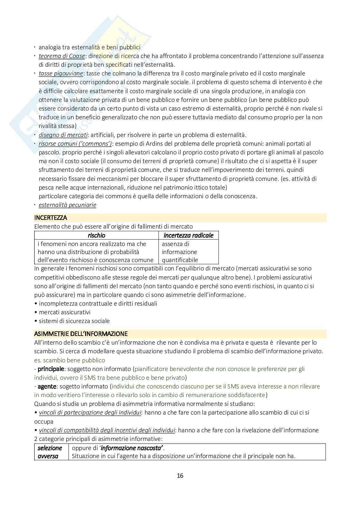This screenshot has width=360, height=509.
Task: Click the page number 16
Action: (180, 475)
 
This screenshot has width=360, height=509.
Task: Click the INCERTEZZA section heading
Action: (51, 218)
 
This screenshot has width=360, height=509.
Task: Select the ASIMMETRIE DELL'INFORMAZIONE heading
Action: (81, 334)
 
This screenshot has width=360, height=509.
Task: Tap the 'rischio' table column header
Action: (96, 235)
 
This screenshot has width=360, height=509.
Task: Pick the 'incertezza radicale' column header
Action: (189, 235)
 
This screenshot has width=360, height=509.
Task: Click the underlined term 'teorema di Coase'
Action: (62, 56)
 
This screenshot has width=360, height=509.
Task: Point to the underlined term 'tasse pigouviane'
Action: (61, 73)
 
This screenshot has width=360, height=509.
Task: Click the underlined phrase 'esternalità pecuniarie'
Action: (67, 205)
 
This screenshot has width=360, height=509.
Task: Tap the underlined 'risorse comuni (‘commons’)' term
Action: (75, 143)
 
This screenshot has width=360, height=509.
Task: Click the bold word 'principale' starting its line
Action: (49, 368)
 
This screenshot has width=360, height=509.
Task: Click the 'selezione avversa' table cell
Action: (50, 452)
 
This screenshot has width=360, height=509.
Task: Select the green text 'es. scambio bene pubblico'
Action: (70, 360)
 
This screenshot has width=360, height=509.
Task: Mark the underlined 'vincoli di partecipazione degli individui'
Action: (90, 412)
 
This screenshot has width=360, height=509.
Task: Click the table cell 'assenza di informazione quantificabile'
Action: (179, 252)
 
